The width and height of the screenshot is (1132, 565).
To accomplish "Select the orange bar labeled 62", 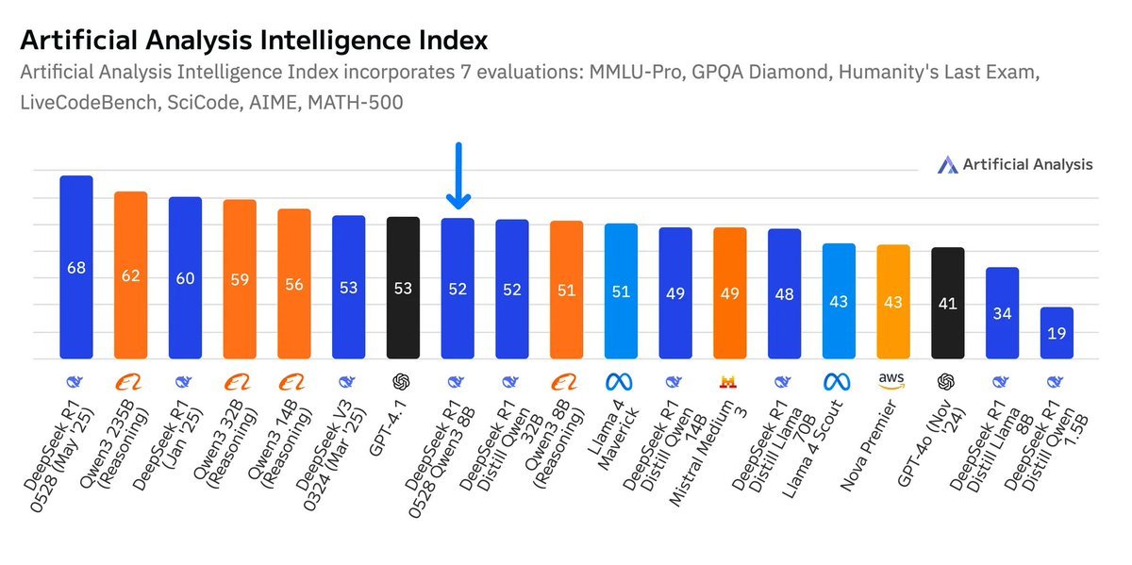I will tap(131, 275).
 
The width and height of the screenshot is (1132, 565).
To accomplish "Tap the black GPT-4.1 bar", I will tap(404, 288).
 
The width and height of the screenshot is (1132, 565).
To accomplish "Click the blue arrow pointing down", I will tap(458, 176).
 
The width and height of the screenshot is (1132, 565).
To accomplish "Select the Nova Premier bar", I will tap(893, 302).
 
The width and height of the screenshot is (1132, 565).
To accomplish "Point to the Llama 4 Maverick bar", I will tap(621, 291).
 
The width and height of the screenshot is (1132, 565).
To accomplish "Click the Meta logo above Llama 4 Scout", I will tap(839, 382).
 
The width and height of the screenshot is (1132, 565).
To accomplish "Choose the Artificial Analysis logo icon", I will tap(947, 165).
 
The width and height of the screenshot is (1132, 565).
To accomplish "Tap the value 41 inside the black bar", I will tap(948, 304).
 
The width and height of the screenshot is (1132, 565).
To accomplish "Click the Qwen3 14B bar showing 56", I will tap(294, 284).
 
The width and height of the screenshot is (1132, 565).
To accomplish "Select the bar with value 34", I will tap(1002, 313).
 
